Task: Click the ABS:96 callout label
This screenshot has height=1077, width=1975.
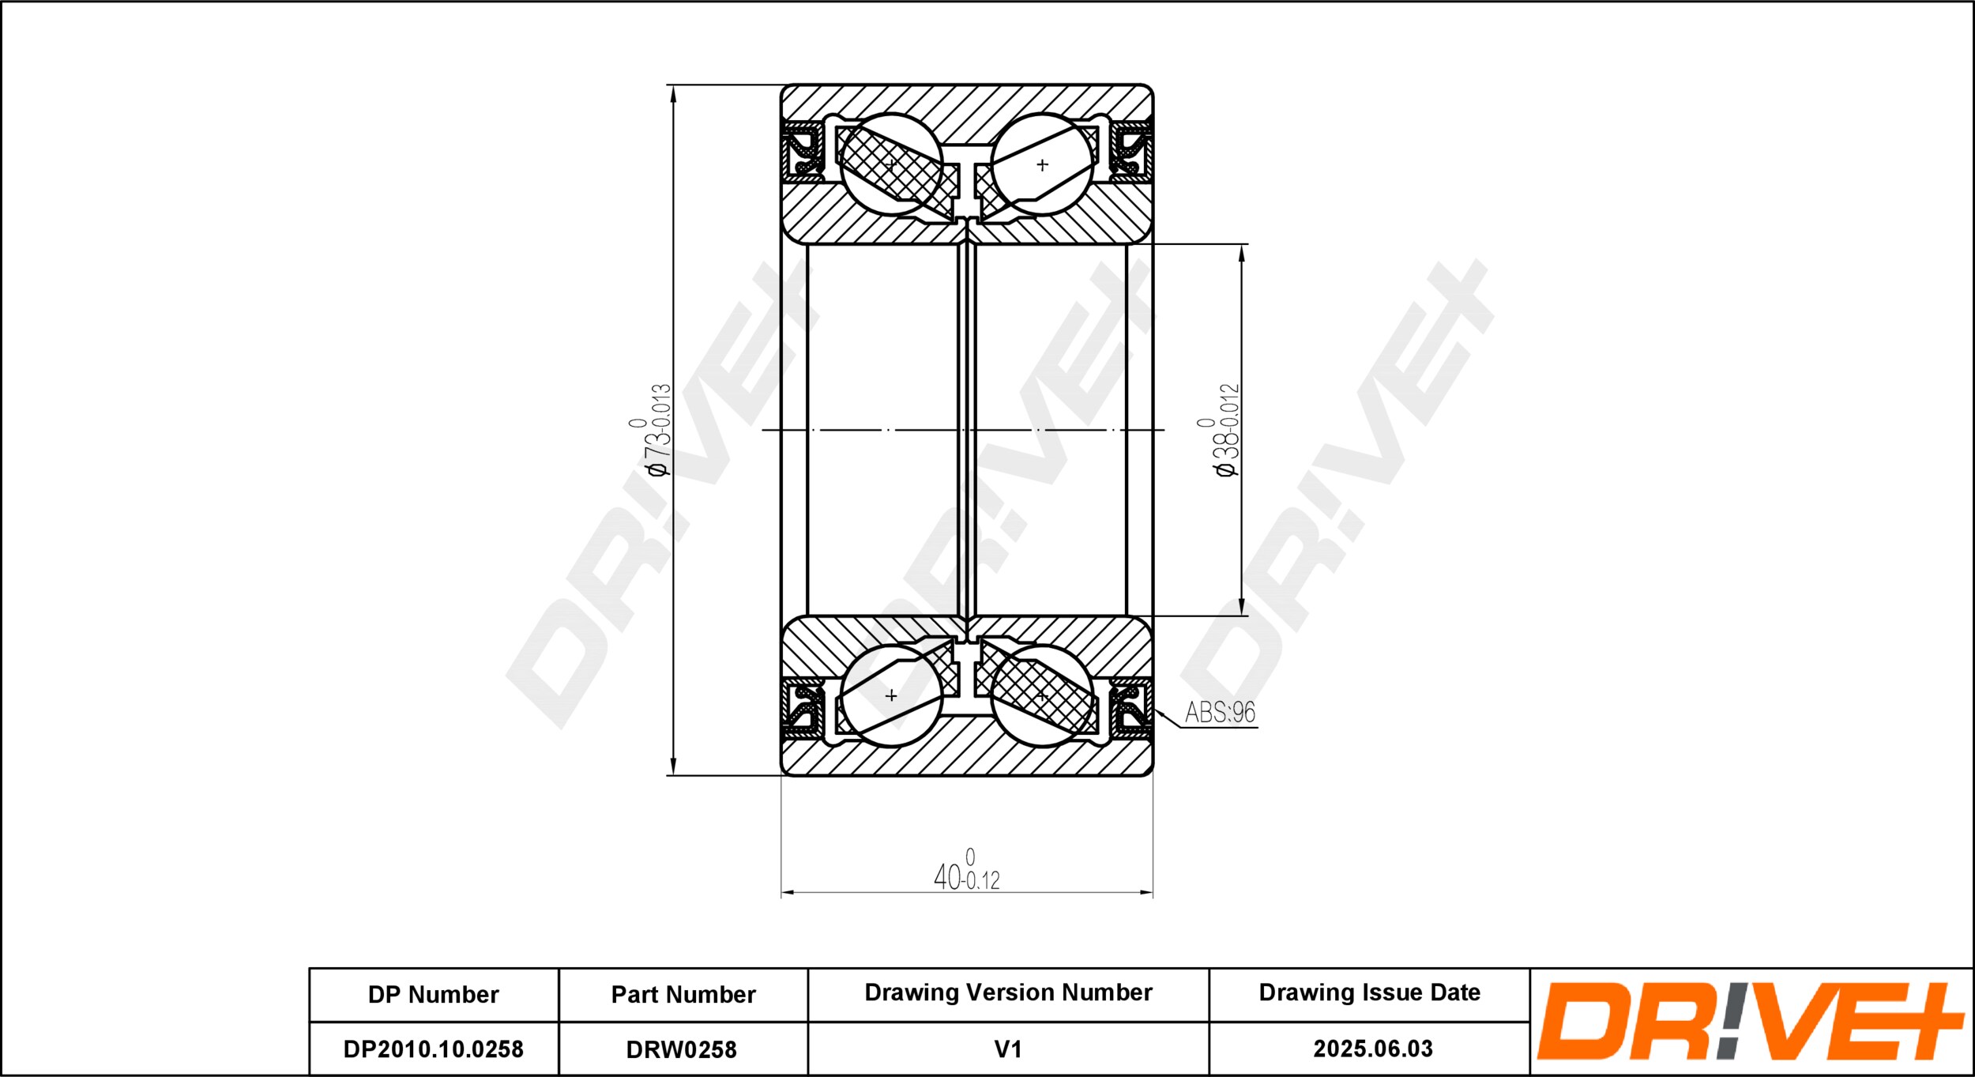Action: pyautogui.click(x=1220, y=712)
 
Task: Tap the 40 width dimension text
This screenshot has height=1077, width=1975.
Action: pyautogui.click(x=966, y=870)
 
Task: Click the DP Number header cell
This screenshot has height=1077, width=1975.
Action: pyautogui.click(x=433, y=994)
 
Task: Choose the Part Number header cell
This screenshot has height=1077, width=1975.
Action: pyautogui.click(x=683, y=994)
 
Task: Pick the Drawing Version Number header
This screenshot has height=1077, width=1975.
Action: pyautogui.click(x=1008, y=992)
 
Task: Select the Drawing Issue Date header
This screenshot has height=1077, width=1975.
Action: pyautogui.click(x=1369, y=992)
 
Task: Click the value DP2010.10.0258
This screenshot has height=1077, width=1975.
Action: pyautogui.click(x=433, y=1049)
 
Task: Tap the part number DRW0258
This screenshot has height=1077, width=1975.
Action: pyautogui.click(x=681, y=1049)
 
